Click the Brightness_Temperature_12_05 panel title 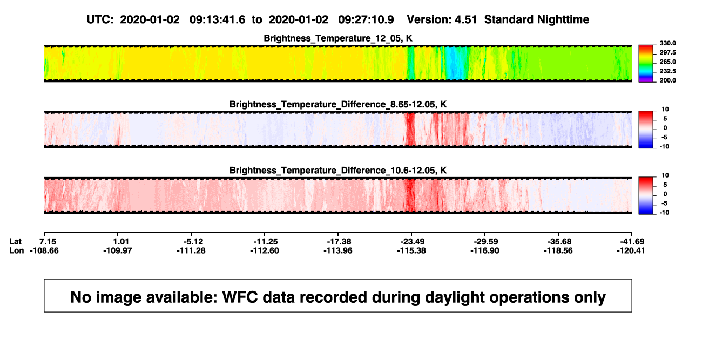[x=338, y=38]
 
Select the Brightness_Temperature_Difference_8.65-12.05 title [x=338, y=104]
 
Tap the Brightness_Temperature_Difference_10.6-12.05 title [x=338, y=171]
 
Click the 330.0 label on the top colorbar [x=667, y=43]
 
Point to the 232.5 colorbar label [x=667, y=71]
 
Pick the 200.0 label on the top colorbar [x=667, y=80]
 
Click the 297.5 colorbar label [x=667, y=53]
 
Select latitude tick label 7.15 [x=48, y=242]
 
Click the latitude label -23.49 [x=412, y=242]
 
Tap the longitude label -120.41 [x=631, y=250]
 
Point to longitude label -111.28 [x=191, y=250]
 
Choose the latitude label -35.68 [x=559, y=242]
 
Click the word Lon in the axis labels [x=17, y=250]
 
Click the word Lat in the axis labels [x=15, y=242]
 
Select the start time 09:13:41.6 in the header [x=217, y=20]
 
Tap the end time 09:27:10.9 [x=366, y=20]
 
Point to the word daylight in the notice [x=455, y=298]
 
